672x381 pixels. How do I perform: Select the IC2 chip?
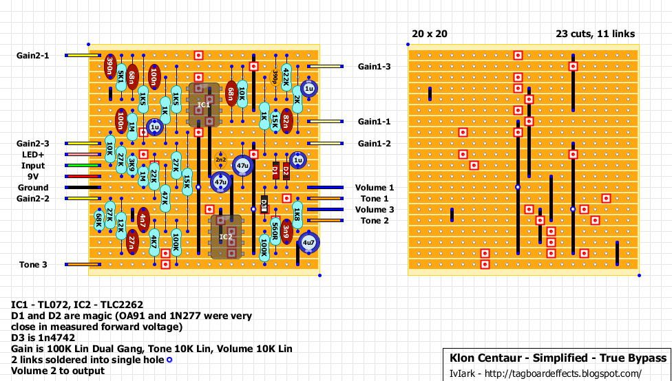[226, 237]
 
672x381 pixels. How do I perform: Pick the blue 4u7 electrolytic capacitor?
[308, 242]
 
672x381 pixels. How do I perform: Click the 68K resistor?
[99, 220]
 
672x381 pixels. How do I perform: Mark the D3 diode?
[264, 204]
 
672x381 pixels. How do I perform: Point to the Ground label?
[33, 188]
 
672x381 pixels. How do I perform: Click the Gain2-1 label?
[33, 56]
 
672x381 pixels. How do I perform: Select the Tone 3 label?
[34, 265]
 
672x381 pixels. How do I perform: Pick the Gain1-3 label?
[375, 67]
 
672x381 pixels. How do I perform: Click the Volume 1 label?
[375, 188]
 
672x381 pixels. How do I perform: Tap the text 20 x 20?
[430, 34]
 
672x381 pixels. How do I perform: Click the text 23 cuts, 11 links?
[596, 34]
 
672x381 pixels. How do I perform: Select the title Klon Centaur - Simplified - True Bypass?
[558, 359]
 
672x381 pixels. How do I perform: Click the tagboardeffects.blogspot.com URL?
[563, 374]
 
